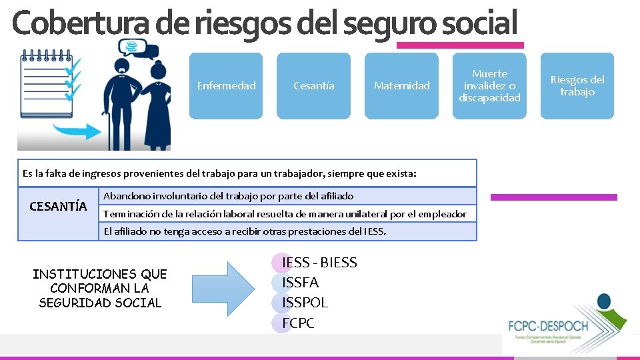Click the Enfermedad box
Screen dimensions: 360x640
[x=226, y=85]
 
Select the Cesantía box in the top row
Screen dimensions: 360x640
[x=313, y=85]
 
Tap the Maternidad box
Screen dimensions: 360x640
[x=401, y=85]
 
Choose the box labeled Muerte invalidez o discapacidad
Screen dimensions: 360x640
[x=489, y=85]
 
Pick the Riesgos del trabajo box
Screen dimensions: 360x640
[x=577, y=85]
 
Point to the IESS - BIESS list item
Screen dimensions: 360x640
[x=319, y=263]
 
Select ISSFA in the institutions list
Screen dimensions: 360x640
[x=300, y=283]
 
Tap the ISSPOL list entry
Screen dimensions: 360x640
[x=305, y=303]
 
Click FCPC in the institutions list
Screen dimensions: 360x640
[x=297, y=323]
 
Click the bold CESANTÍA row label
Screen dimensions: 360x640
[x=58, y=205]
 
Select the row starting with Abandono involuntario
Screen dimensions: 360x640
[x=229, y=196]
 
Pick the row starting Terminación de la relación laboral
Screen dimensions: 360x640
[x=285, y=213]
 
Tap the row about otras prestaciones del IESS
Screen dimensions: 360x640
[x=245, y=231]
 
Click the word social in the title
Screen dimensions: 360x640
[x=480, y=24]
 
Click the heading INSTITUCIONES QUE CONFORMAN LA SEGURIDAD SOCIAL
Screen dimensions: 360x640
[x=100, y=288]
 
